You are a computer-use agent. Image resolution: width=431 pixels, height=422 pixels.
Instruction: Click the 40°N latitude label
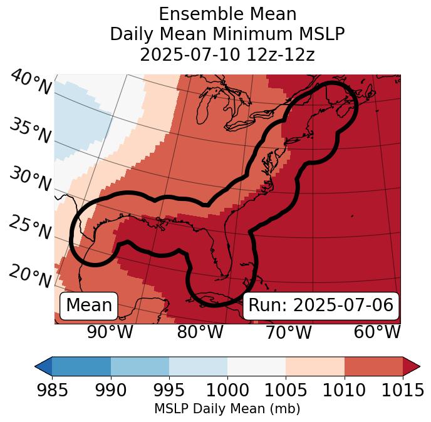31,83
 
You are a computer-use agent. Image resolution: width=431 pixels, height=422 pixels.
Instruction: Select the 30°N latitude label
29,180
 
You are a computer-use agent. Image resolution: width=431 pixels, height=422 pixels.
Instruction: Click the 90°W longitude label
110,332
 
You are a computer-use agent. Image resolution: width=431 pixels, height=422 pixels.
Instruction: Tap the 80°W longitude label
200,332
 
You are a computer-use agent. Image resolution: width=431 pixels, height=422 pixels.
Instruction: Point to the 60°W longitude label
376,332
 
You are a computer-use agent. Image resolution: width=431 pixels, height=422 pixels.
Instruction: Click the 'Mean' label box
89,306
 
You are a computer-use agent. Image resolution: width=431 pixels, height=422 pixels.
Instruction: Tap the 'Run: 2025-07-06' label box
321,306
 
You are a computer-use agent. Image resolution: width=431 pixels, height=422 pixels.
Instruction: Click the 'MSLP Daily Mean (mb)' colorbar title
227,409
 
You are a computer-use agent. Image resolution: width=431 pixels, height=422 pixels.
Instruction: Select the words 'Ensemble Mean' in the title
227,14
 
